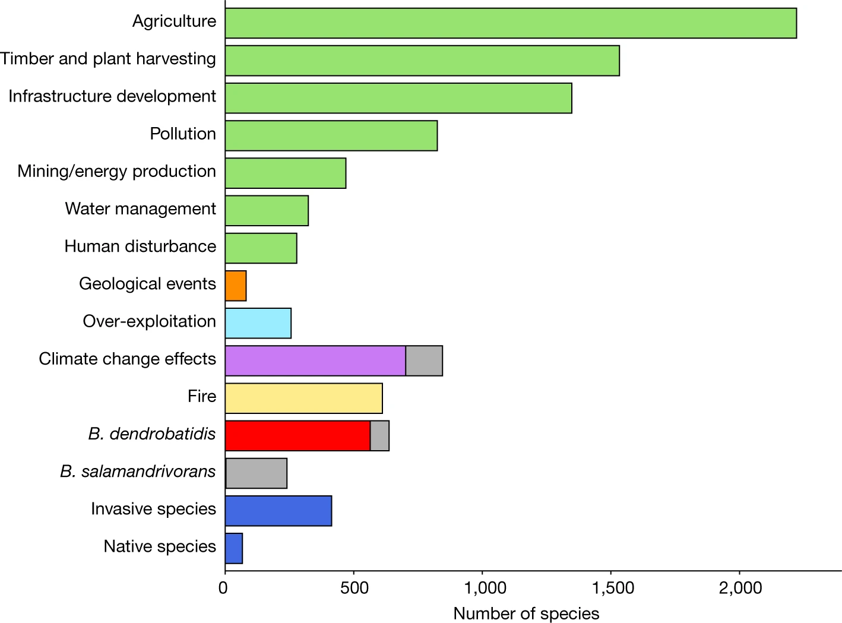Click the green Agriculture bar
[511, 23]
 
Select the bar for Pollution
[331, 135]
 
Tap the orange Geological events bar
[236, 286]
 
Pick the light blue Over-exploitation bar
[258, 323]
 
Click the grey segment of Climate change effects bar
[424, 360]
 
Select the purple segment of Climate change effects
[315, 360]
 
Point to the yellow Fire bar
[303, 399]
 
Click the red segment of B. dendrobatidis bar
[297, 436]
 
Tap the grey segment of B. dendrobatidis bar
[379, 436]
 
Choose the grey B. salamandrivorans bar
[257, 473]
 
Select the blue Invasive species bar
[278, 511]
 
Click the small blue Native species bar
[234, 549]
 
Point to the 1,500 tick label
[613, 588]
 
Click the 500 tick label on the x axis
[354, 588]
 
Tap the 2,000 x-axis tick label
[740, 588]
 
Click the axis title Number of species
[526, 613]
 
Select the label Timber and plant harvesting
[108, 59]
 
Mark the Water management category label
[141, 208]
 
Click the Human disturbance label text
[140, 246]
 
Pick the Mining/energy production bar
[286, 173]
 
